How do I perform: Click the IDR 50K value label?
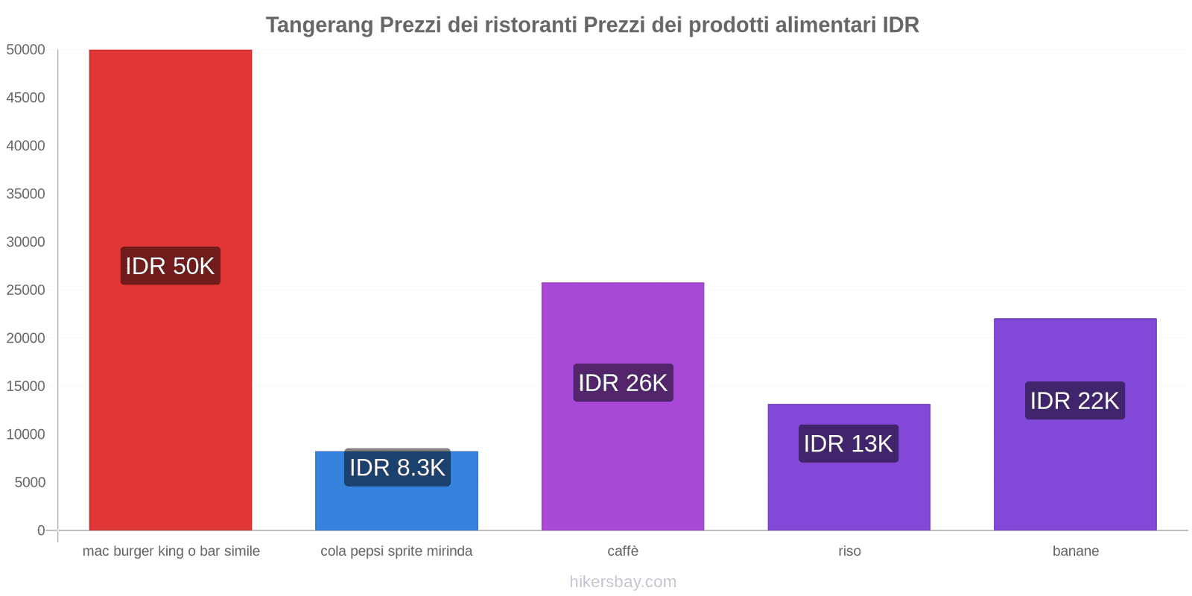pyautogui.click(x=170, y=266)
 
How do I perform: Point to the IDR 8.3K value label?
pyautogui.click(x=397, y=468)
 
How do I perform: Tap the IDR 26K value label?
pyautogui.click(x=623, y=383)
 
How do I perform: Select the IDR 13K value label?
pyautogui.click(x=848, y=444)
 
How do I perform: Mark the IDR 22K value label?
pyautogui.click(x=1074, y=401)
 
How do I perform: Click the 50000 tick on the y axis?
pyautogui.click(x=26, y=50)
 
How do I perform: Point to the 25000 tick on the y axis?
pyautogui.click(x=26, y=291)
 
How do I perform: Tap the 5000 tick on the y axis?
pyautogui.click(x=30, y=483)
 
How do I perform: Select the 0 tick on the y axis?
pyautogui.click(x=41, y=530)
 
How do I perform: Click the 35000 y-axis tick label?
pyautogui.click(x=26, y=194)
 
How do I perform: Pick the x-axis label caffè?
pyautogui.click(x=623, y=551)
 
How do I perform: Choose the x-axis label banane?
pyautogui.click(x=1075, y=551)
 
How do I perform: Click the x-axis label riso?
pyautogui.click(x=849, y=551)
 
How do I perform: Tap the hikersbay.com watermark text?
pyautogui.click(x=623, y=582)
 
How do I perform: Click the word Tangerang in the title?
pyautogui.click(x=319, y=25)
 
